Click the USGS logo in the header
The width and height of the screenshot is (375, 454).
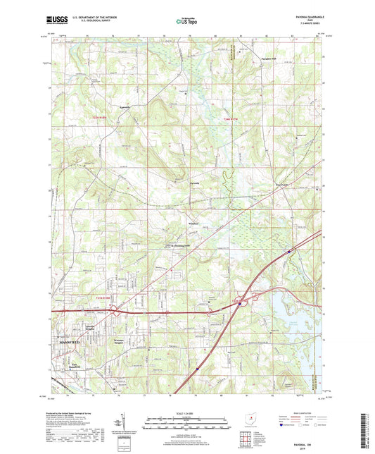pos(56,20)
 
